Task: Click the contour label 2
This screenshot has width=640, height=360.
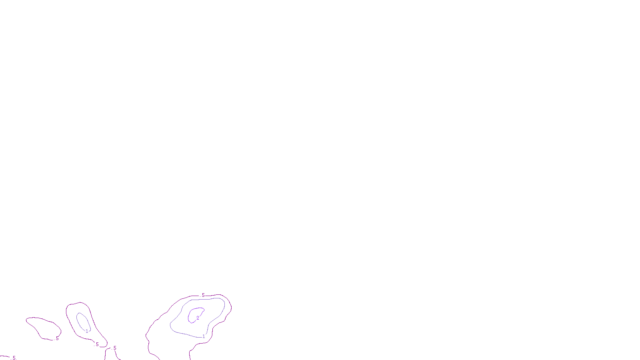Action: [198, 318]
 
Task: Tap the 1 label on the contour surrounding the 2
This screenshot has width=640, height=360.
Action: [204, 336]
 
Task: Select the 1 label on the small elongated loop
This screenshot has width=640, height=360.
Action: [87, 331]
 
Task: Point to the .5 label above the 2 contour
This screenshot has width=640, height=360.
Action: [203, 295]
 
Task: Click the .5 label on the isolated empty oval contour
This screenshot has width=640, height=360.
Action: [57, 338]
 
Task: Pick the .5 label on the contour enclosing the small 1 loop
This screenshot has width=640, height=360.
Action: [97, 344]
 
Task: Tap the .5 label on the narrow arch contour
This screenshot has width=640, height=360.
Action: [114, 348]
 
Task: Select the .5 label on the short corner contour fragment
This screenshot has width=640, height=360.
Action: [14, 358]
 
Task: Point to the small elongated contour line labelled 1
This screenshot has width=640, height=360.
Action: [78, 320]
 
